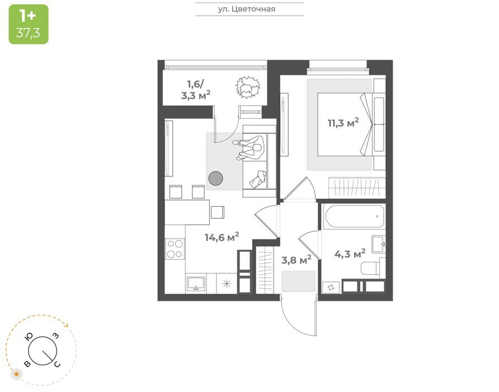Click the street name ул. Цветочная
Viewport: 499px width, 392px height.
coord(247,9)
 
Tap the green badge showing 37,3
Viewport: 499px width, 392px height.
coord(29,24)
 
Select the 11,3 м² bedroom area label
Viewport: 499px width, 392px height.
coord(343,123)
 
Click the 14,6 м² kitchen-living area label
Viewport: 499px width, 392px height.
coord(222,237)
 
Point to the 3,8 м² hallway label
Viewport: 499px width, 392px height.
coord(296,260)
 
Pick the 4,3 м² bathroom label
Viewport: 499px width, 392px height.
coord(350,254)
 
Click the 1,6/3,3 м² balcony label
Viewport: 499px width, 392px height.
coord(196,90)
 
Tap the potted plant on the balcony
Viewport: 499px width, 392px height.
coord(248,87)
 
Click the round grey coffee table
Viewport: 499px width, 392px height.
coord(216,179)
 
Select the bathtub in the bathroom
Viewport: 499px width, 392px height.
coord(354,216)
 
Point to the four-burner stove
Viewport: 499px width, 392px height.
coord(175,249)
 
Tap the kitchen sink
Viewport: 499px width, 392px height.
coord(196,284)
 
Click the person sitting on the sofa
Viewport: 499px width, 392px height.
coord(250,147)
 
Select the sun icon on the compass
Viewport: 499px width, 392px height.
coord(17,374)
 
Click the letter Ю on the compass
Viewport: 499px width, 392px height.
coord(30,337)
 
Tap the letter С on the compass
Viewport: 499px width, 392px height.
coord(57,364)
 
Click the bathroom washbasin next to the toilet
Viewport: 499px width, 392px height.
coord(379,244)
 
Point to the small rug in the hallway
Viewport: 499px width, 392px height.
coord(299,281)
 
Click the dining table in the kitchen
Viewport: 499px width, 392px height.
coord(187,212)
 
